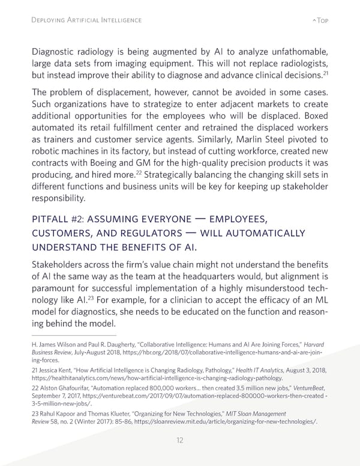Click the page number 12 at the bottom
(x=179, y=440)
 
